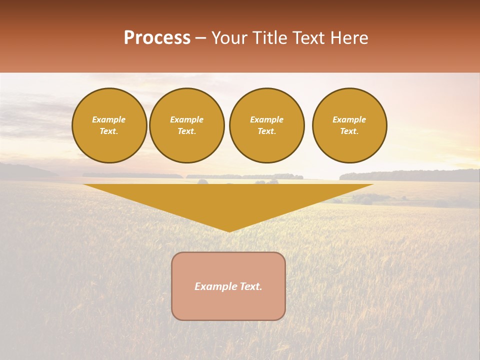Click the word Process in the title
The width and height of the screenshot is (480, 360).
point(157,38)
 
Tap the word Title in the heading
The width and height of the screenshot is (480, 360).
point(270,38)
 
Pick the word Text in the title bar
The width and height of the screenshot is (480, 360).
point(309,38)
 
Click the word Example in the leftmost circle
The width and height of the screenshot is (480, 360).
point(109,119)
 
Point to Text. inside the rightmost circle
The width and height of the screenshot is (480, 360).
point(349,131)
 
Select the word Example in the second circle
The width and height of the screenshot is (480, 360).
point(187,119)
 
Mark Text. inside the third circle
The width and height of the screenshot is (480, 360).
point(267,131)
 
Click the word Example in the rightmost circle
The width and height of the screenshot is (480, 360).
point(349,119)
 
